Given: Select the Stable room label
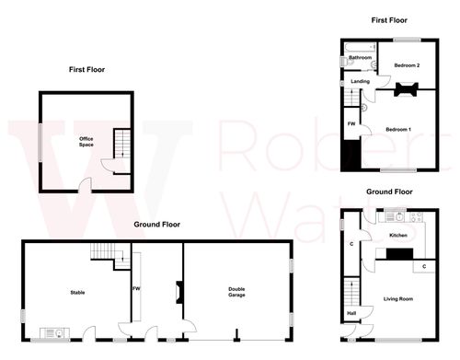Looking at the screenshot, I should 77,293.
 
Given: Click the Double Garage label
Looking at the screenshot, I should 236,292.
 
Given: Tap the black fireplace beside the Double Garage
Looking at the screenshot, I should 176,293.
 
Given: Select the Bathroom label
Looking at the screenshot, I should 360,58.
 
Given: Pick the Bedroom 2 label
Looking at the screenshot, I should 407,65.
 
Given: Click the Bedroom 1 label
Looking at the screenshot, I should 398,128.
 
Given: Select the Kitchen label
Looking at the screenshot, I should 398,236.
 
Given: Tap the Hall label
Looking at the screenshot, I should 351,313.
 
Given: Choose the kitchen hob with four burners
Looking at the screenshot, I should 416,218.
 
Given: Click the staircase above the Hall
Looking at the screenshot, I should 351,290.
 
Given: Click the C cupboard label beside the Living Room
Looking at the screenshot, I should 423,266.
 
